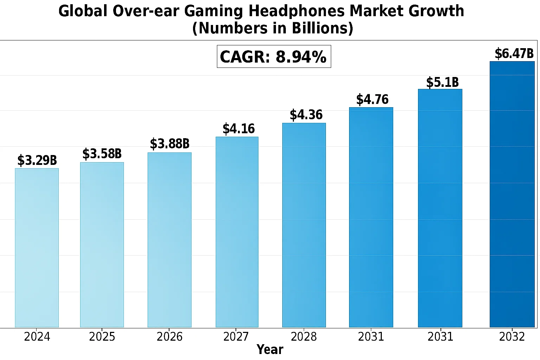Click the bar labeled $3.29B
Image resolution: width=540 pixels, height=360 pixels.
coord(37,247)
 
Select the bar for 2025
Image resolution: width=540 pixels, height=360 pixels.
coord(102,245)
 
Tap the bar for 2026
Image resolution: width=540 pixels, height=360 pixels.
coord(169,240)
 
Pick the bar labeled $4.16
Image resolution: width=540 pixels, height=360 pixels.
coord(237,232)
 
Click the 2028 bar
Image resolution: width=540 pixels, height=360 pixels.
coord(304,225)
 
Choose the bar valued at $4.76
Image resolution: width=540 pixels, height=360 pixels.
coord(371,217)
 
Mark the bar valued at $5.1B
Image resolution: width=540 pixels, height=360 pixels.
coord(440,208)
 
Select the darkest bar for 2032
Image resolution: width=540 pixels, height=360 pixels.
coord(512,194)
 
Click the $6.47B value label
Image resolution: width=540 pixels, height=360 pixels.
coord(514,54)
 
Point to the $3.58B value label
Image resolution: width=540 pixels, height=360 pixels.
coord(102,154)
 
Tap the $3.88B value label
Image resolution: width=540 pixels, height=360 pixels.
coord(170,144)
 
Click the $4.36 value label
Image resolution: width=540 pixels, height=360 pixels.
coord(306,115)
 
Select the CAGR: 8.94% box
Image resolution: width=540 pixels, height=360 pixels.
coord(274,57)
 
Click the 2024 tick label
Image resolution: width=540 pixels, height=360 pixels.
coord(37,337)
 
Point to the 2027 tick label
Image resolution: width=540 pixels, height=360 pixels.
coord(236,337)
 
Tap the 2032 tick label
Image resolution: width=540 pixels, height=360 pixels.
coord(512,337)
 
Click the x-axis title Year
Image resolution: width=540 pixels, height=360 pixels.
coord(270,349)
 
